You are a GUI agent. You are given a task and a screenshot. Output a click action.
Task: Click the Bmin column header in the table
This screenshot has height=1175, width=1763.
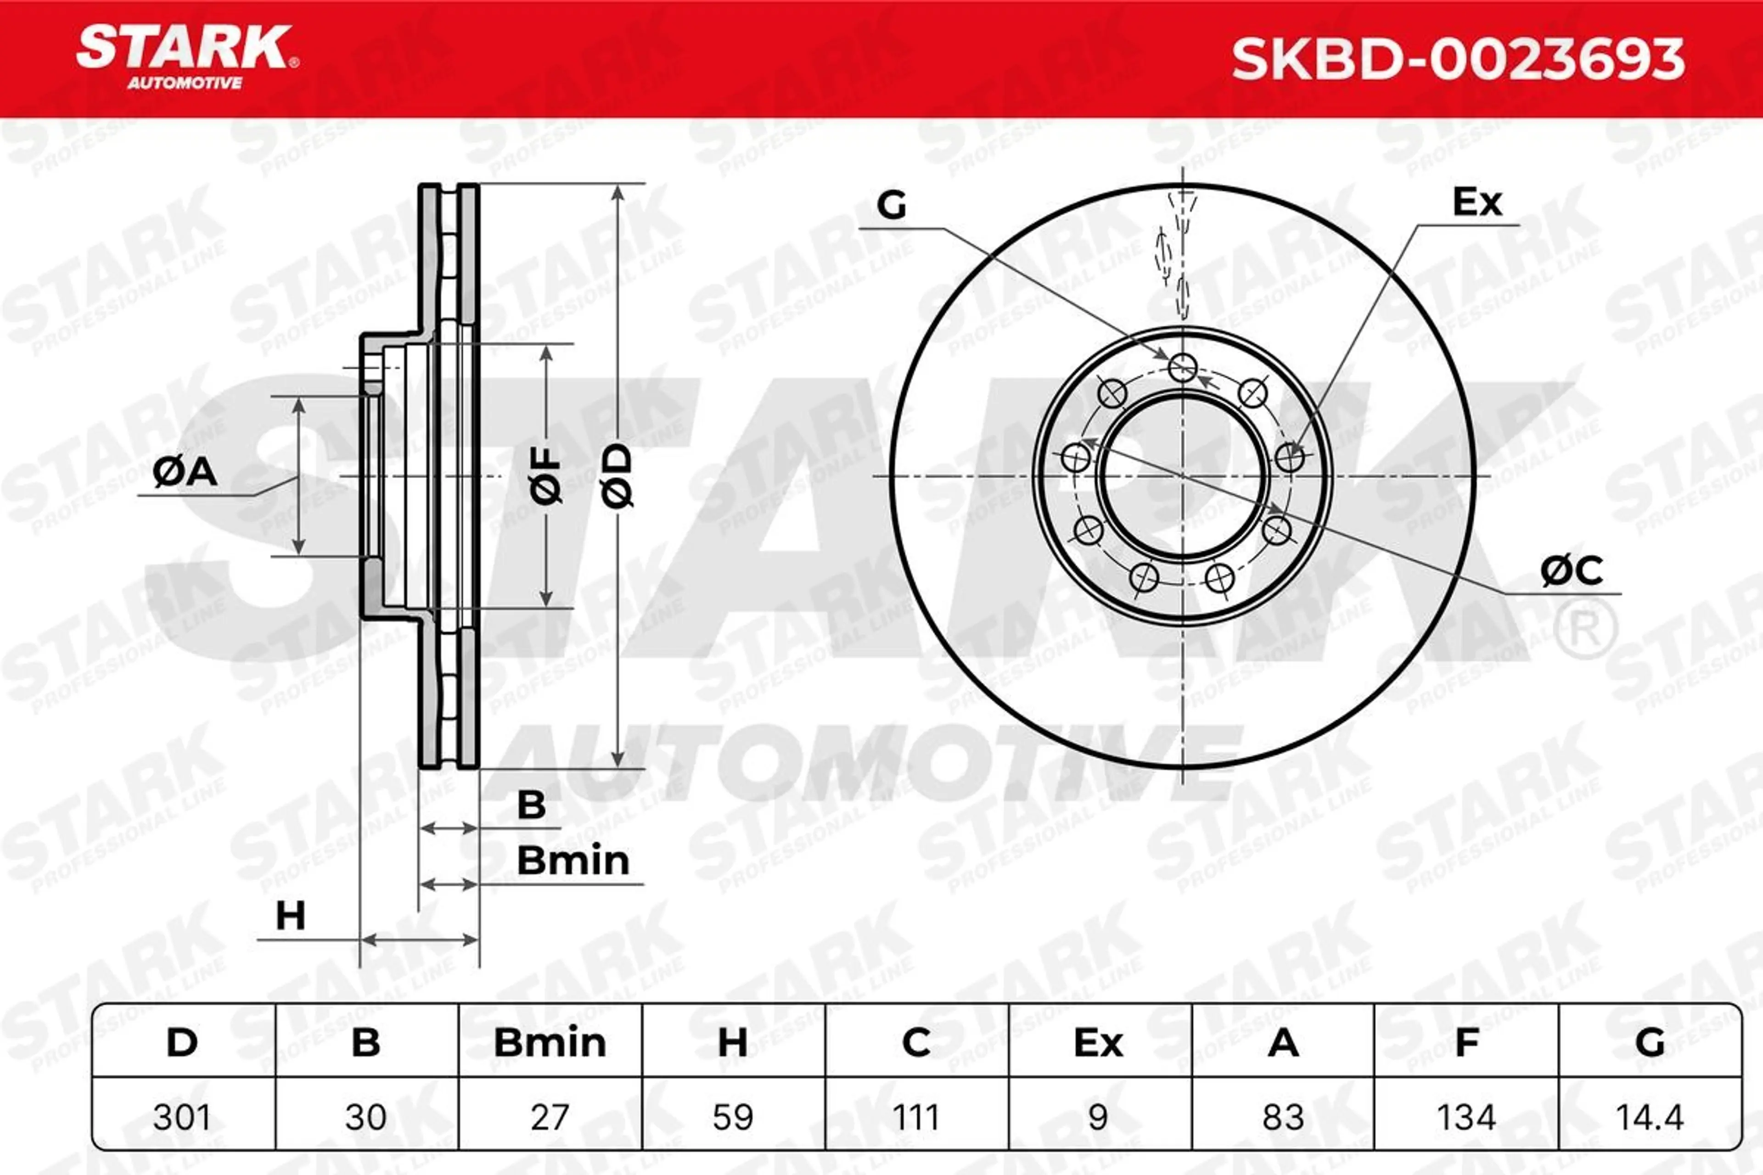[550, 1042]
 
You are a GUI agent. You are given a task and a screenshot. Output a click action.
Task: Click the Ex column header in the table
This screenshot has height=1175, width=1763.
[1098, 1042]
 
